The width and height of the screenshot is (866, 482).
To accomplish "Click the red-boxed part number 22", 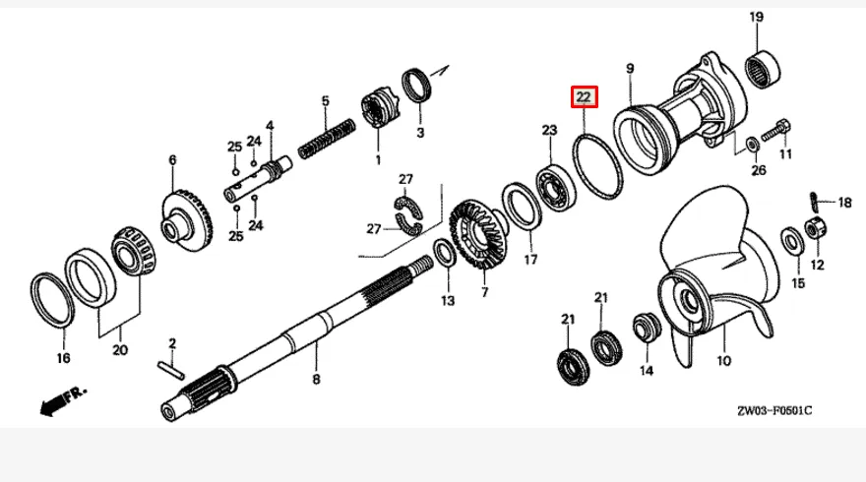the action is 584,97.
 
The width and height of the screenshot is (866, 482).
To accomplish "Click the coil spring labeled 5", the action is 327,139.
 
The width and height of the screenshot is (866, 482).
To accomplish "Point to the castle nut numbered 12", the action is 815,228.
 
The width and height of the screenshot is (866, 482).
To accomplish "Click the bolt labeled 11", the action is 776,130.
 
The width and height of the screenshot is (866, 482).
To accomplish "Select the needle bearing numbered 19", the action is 763,70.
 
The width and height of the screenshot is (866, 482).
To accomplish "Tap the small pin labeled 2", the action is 170,370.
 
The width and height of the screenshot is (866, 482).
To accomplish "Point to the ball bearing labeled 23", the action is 556,187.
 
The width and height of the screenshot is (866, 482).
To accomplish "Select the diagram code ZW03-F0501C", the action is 774,411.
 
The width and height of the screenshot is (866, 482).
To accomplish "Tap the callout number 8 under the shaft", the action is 316,380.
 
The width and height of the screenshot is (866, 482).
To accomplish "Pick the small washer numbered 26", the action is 752,145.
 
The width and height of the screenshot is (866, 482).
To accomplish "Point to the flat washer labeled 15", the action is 792,241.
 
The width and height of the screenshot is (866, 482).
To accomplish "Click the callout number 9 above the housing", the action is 630,69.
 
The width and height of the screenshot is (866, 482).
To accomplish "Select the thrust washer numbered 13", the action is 444,253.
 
